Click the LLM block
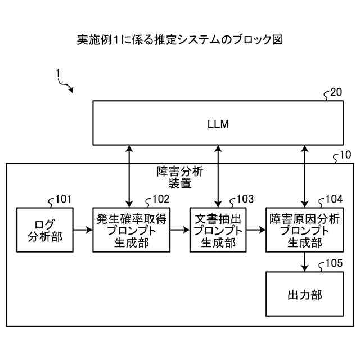(x=218, y=123)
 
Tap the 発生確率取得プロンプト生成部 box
(x=132, y=229)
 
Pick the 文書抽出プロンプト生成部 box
(x=218, y=229)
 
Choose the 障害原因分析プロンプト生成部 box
(x=304, y=229)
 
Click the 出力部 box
(x=304, y=294)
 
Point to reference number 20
(x=335, y=93)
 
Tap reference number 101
(x=63, y=199)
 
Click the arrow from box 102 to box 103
(x=180, y=229)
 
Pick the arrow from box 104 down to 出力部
(x=304, y=261)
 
